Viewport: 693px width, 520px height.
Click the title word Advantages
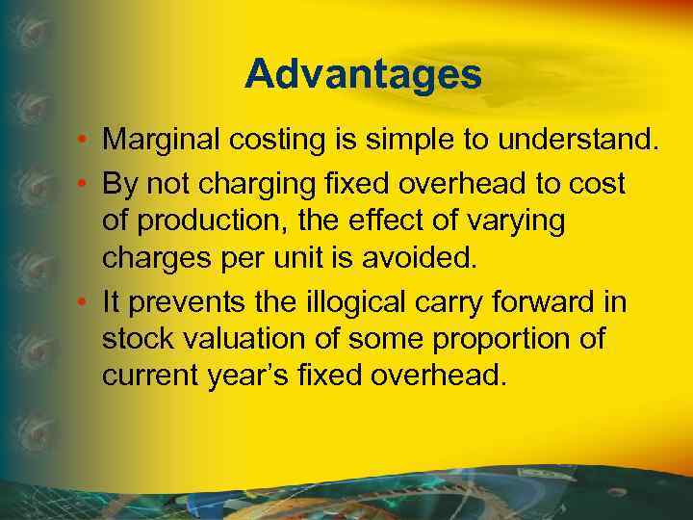363,74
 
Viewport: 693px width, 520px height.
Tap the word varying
520,221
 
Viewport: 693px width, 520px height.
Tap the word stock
134,339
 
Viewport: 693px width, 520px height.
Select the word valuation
235,339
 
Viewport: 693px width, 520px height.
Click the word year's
265,375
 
